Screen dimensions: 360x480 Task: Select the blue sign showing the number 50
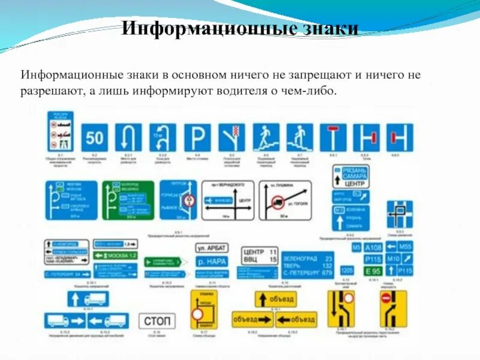click(95, 137)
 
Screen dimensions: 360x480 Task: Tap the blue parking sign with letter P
click(197, 137)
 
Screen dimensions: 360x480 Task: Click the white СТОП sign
click(158, 321)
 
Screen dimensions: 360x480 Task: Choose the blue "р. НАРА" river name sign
click(211, 262)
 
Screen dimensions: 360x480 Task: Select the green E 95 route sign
click(373, 271)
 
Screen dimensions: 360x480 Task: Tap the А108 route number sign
click(373, 247)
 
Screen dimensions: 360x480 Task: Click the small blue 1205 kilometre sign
click(347, 270)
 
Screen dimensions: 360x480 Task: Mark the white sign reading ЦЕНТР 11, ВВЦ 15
click(259, 256)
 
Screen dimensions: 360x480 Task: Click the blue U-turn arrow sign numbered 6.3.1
click(128, 137)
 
